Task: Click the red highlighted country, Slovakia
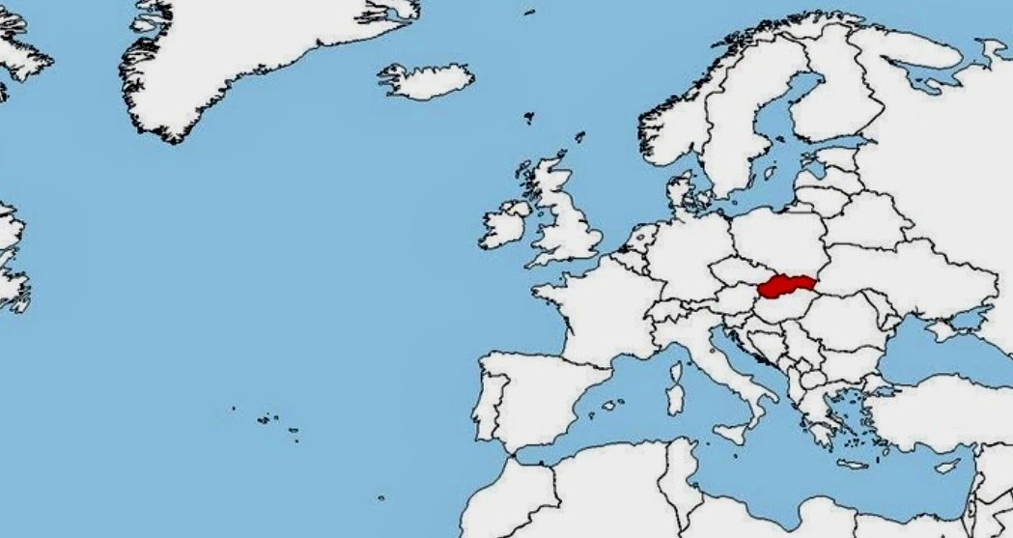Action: point(786,286)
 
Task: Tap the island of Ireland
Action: point(504,225)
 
